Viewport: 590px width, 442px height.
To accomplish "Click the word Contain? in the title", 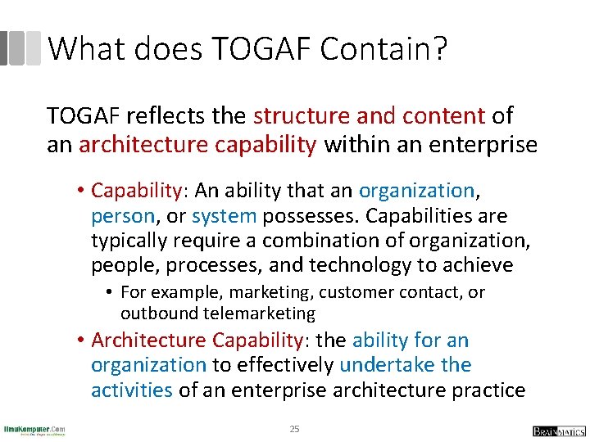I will tap(383, 50).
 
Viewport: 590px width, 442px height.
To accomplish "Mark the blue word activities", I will tap(132, 390).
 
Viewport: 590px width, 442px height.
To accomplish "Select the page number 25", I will tap(295, 429).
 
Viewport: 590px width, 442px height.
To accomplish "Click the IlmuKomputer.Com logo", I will tap(34, 430).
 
